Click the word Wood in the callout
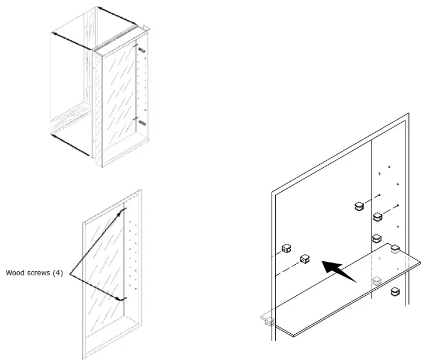[x=15, y=272]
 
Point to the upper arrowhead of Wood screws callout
[x=123, y=208]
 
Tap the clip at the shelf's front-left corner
[x=268, y=320]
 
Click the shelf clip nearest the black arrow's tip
[x=306, y=259]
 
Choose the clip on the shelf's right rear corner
[x=394, y=248]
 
